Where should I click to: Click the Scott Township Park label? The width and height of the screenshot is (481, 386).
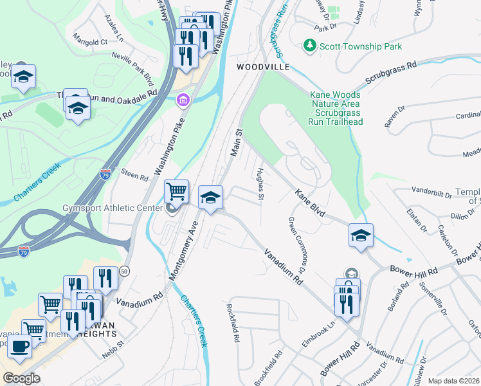[x=361, y=46]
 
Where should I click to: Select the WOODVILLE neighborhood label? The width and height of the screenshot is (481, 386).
[x=262, y=67]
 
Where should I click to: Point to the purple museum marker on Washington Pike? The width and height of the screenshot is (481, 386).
[x=183, y=100]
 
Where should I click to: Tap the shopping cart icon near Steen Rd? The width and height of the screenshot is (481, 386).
[x=176, y=190]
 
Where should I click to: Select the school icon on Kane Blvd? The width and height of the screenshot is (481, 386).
[x=361, y=235]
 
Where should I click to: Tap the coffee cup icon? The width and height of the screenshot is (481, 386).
[x=19, y=346]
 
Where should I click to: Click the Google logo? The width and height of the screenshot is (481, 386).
[x=21, y=378]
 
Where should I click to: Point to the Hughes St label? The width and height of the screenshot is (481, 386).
[x=260, y=184]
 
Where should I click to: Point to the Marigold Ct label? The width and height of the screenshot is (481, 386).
[x=91, y=42]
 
